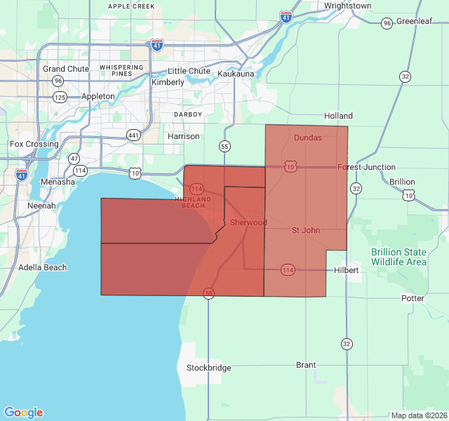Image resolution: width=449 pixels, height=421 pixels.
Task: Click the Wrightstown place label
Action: point(347,6)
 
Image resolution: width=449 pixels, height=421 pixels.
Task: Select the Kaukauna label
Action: point(236,74)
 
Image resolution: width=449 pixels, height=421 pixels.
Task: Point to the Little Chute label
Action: point(189,71)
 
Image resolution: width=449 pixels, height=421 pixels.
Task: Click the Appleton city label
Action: point(98,96)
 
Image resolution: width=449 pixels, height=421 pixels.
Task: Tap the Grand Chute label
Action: point(66,69)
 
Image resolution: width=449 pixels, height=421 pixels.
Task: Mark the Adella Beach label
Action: point(43,267)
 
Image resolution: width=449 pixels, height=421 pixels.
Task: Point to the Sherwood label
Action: point(248,222)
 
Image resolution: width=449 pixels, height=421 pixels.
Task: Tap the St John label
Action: point(306,230)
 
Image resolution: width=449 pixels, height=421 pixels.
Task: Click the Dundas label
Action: point(308,138)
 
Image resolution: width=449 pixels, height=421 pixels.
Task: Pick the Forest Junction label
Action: point(366,167)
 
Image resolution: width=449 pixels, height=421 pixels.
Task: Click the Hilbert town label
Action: point(347,270)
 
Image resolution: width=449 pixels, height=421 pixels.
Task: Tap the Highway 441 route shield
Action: point(134,135)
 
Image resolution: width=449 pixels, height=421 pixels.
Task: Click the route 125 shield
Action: point(60,97)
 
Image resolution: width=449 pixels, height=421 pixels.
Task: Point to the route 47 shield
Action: point(74,159)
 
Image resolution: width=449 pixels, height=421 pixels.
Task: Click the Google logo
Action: point(23,413)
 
